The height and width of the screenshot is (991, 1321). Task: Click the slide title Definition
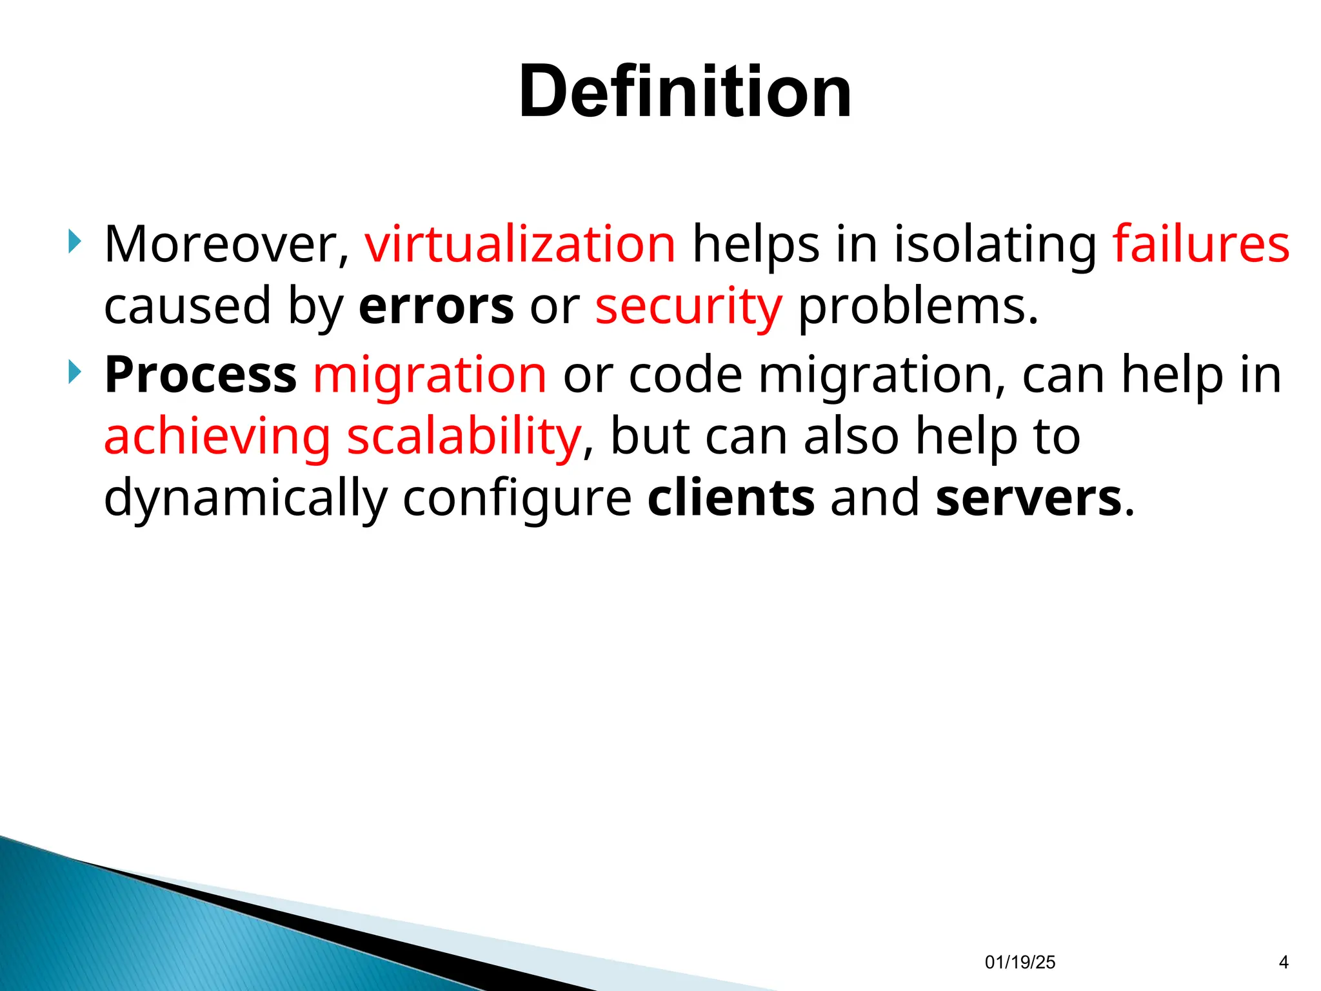685,92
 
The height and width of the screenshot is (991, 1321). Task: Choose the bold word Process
201,374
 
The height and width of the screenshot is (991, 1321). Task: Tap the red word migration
430,375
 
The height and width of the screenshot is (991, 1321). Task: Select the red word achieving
217,437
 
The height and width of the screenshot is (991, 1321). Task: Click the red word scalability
464,437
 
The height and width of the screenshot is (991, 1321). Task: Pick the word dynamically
245,499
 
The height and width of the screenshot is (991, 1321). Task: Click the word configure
517,499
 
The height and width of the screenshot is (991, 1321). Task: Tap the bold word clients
731,497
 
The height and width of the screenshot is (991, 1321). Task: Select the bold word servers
1029,497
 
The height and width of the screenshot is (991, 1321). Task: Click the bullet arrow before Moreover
75,243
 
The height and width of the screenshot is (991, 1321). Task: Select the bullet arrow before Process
75,372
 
